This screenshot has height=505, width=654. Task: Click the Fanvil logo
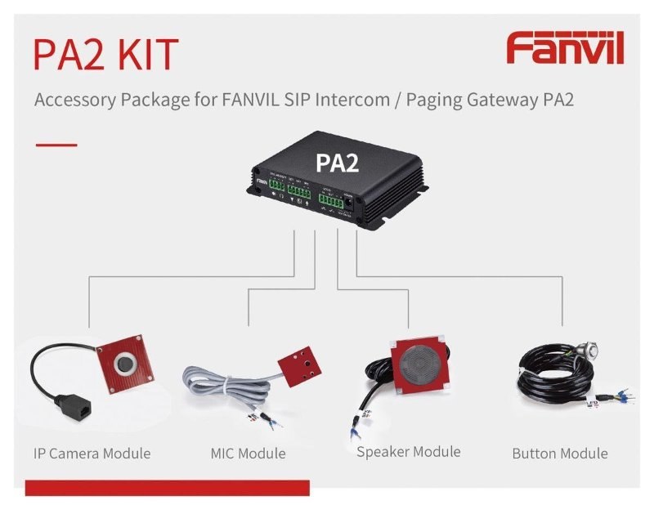click(565, 49)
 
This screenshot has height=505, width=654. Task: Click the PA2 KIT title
click(105, 54)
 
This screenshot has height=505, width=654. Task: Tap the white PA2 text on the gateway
click(338, 162)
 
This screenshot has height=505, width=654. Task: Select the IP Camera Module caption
click(92, 453)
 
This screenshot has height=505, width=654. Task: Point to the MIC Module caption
click(248, 453)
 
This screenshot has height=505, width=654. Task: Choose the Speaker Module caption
click(408, 451)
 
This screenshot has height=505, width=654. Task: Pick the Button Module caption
click(560, 453)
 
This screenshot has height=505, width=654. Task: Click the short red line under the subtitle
click(56, 145)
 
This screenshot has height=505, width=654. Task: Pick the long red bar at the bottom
click(168, 488)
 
